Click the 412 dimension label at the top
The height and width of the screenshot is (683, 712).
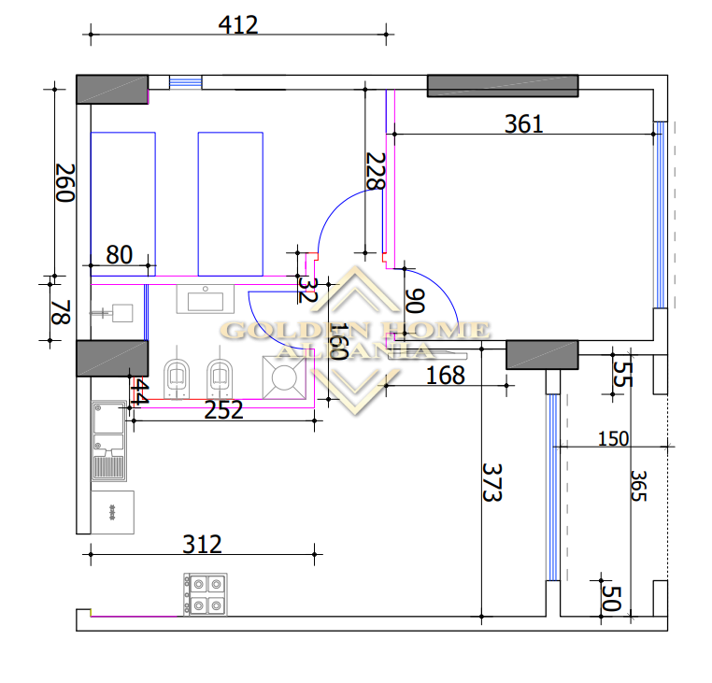[238, 25]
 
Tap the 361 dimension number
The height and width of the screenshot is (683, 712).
[523, 124]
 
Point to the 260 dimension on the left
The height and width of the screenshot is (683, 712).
[64, 182]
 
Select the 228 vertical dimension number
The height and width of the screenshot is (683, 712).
[376, 171]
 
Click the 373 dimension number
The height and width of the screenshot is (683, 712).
[491, 482]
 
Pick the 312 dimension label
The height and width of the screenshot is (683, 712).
[202, 544]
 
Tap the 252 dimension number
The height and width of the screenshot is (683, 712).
[223, 410]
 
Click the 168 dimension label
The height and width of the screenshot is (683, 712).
[446, 376]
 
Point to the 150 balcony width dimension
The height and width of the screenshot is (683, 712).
[613, 439]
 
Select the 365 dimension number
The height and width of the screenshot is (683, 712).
[638, 486]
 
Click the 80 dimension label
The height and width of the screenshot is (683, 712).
[119, 255]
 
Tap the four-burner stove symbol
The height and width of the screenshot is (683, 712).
[206, 594]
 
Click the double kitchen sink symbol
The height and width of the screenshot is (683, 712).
[109, 440]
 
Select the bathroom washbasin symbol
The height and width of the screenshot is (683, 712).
[206, 299]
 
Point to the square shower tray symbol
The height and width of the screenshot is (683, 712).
[284, 377]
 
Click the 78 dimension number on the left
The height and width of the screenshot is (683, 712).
[61, 312]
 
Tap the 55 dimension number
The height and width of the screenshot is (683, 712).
[622, 374]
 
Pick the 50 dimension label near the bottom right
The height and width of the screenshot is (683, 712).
[611, 598]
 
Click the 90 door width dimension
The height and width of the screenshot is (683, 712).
[415, 301]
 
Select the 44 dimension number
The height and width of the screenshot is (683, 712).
[139, 392]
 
